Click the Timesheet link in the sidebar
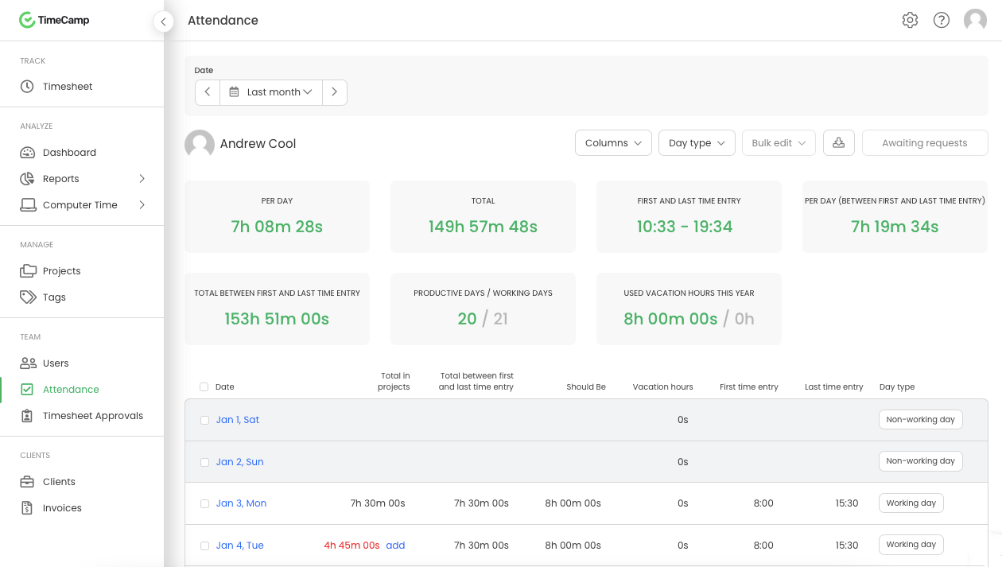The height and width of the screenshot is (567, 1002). pyautogui.click(x=67, y=87)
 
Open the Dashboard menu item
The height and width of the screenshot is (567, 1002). pyautogui.click(x=68, y=153)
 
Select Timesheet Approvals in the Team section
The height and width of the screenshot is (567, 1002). pyautogui.click(x=92, y=416)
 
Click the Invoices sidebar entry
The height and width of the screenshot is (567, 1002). pyautogui.click(x=61, y=508)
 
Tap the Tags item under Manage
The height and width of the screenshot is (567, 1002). pyautogui.click(x=54, y=297)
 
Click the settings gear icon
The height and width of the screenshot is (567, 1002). pyautogui.click(x=910, y=21)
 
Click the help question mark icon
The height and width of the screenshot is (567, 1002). pyautogui.click(x=942, y=21)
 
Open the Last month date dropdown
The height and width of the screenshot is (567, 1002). pyautogui.click(x=271, y=92)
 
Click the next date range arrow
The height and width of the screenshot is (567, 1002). pyautogui.click(x=334, y=92)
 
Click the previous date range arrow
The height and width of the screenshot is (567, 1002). pyautogui.click(x=208, y=92)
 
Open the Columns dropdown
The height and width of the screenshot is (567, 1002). pyautogui.click(x=613, y=143)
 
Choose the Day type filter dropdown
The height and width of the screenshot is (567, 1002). pyautogui.click(x=697, y=143)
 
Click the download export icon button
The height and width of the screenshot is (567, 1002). pyautogui.click(x=838, y=143)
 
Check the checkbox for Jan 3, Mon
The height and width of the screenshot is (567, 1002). pyautogui.click(x=204, y=503)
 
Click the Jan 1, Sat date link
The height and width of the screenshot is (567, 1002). pyautogui.click(x=237, y=420)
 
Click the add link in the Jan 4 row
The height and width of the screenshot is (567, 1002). pyautogui.click(x=395, y=546)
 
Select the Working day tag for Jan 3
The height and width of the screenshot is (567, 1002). pyautogui.click(x=911, y=503)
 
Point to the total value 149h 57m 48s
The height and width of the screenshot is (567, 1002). pyautogui.click(x=483, y=227)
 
